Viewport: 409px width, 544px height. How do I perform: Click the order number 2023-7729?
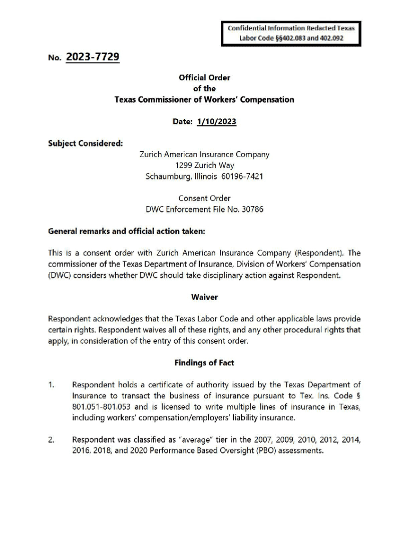pos(92,57)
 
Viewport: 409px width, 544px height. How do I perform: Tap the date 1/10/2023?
pos(216,122)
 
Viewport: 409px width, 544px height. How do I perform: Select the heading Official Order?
pos(204,78)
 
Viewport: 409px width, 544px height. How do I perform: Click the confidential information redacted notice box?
pos(291,33)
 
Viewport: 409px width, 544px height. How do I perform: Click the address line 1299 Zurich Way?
pos(204,165)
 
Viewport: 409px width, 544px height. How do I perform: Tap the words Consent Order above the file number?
pos(204,198)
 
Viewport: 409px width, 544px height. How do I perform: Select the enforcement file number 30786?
pos(252,209)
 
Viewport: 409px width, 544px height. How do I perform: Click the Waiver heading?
pos(204,297)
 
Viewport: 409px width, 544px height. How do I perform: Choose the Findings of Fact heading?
pos(204,363)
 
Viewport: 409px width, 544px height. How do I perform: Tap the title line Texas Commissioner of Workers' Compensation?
pos(204,99)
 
